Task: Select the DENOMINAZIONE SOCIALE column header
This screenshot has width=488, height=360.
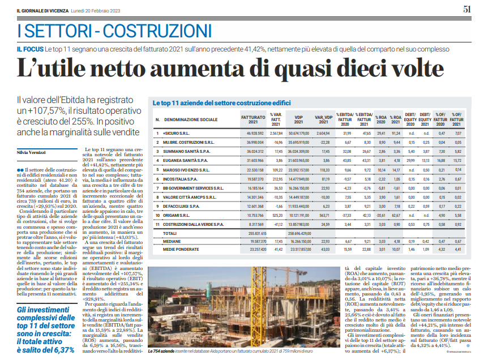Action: click(x=191, y=121)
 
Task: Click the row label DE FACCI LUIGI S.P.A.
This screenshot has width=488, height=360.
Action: click(x=182, y=207)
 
